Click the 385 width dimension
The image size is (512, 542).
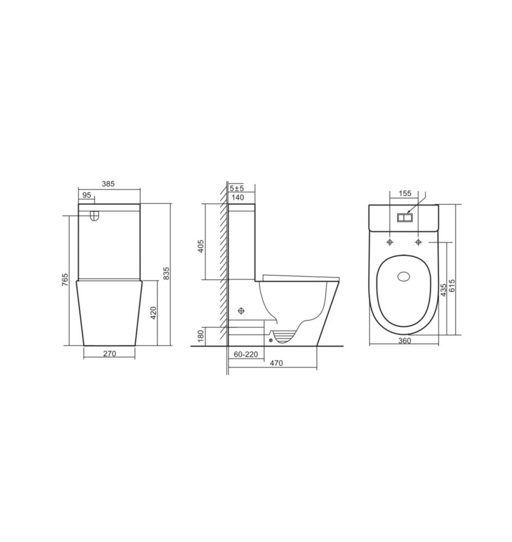(108, 184)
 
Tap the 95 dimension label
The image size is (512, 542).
(86, 195)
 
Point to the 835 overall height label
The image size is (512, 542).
(166, 273)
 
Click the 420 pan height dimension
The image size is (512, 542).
(153, 313)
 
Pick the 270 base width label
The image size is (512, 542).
(110, 353)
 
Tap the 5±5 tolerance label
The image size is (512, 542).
(236, 188)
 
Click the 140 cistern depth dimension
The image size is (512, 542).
(238, 197)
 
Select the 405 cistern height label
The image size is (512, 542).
(201, 246)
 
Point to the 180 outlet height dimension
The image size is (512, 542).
(201, 335)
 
